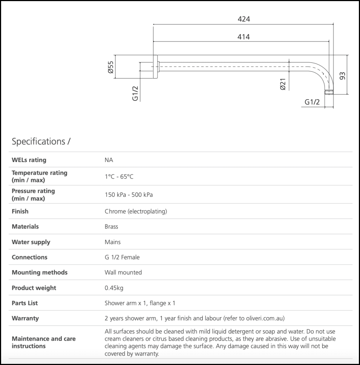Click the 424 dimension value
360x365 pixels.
click(x=243, y=19)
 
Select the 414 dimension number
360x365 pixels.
click(x=243, y=37)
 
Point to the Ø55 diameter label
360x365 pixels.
click(x=111, y=67)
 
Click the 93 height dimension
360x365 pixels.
click(x=342, y=76)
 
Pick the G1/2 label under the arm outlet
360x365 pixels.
click(x=312, y=102)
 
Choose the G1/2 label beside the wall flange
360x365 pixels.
click(x=135, y=93)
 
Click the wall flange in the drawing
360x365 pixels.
click(x=155, y=67)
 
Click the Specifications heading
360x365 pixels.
click(x=41, y=141)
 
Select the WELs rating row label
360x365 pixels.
click(x=29, y=160)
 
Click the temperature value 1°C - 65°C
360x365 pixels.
click(x=119, y=177)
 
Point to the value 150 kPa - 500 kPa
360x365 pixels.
click(x=129, y=195)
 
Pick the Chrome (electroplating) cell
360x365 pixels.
click(x=136, y=211)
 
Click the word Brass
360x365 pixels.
click(x=111, y=227)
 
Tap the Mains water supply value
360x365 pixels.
click(x=112, y=242)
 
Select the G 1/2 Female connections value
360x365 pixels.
click(x=122, y=257)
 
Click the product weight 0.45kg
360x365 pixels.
click(x=114, y=288)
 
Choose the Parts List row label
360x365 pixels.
click(x=24, y=303)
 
